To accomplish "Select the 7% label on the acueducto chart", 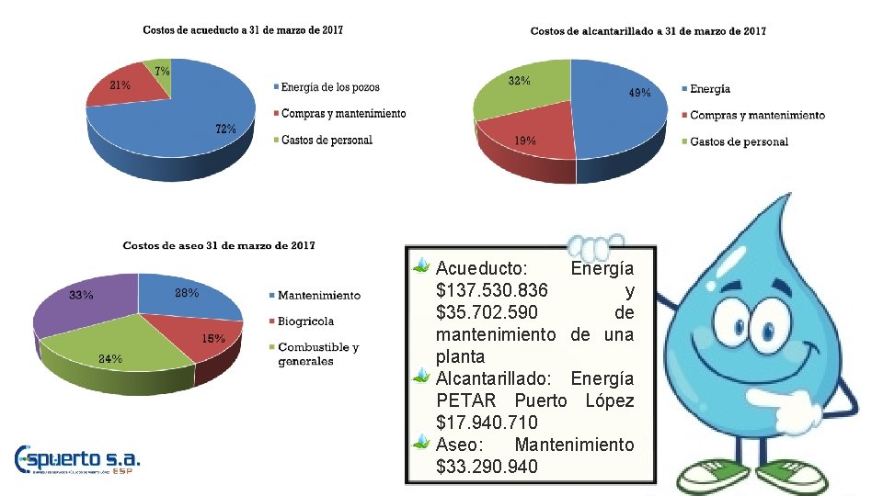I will tap(161, 71).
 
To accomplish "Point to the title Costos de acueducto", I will tap(243, 30).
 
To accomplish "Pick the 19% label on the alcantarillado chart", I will tap(525, 141).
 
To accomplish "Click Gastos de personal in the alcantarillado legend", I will tap(739, 141).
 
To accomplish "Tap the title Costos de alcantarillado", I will tap(648, 31).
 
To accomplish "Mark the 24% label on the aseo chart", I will tap(110, 359).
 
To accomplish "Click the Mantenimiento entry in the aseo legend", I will tap(318, 295).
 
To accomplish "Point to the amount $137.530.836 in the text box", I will tap(492, 290).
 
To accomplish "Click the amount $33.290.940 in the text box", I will tap(487, 467).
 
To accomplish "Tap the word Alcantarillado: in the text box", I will tap(497, 378).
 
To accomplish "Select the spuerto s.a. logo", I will tap(78, 459).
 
